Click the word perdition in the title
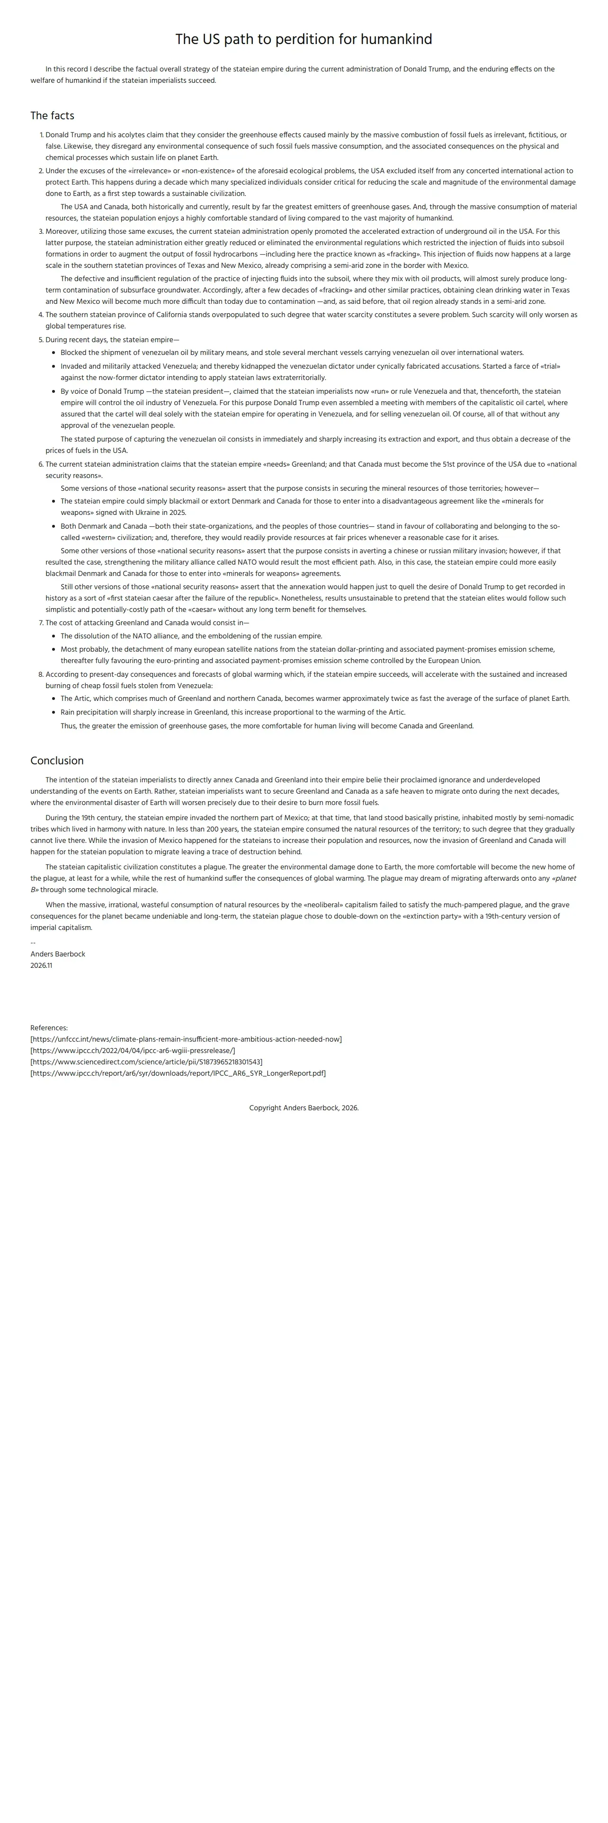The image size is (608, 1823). [x=305, y=40]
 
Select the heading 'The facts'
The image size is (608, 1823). [x=53, y=115]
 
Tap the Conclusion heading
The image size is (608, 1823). [x=57, y=760]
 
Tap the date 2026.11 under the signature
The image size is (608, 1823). [x=41, y=965]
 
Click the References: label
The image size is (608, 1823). [x=49, y=1027]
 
